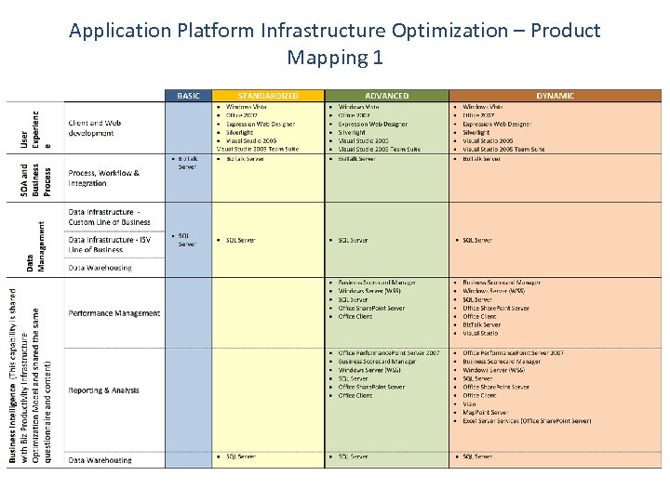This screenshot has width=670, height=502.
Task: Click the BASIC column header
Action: coord(188,96)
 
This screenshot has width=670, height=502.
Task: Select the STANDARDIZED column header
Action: coord(268,96)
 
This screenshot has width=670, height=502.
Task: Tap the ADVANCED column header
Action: coord(386,96)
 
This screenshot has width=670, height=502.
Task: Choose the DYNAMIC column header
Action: coord(555,96)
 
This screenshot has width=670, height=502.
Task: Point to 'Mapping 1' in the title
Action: coord(335,58)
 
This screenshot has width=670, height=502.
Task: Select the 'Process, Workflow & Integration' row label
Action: coord(103,178)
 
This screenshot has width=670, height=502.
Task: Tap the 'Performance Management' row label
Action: coord(114,313)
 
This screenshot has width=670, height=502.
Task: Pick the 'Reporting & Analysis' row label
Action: coord(103,390)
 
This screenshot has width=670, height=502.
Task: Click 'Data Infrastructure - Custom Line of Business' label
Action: coord(109,218)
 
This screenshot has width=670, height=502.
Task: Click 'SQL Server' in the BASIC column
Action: coord(186,240)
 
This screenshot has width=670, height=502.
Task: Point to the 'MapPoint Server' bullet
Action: coord(486,413)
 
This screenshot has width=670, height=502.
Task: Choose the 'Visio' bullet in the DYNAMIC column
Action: coord(471,404)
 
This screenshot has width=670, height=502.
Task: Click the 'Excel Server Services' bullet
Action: coord(526,421)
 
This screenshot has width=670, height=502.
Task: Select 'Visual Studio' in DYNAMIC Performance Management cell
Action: coord(480,333)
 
